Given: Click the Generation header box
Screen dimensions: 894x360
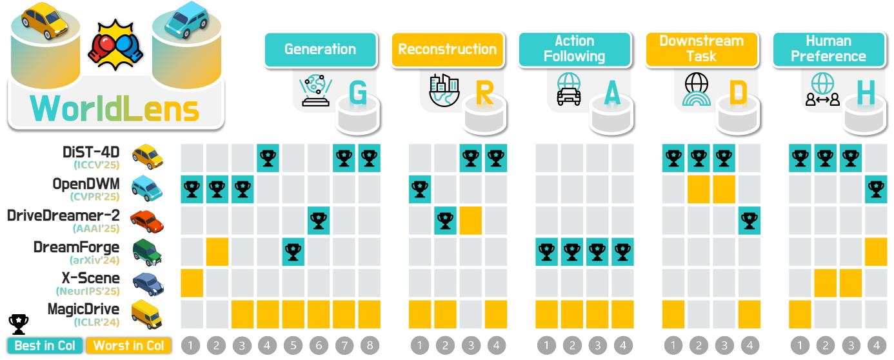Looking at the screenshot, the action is pyautogui.click(x=321, y=50).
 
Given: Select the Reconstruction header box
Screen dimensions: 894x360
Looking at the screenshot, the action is pyautogui.click(x=448, y=50).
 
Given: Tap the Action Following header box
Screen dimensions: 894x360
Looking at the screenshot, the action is pyautogui.click(x=575, y=50).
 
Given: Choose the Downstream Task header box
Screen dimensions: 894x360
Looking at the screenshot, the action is pyautogui.click(x=702, y=50).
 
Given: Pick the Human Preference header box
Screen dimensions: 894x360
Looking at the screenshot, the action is pyautogui.click(x=829, y=50).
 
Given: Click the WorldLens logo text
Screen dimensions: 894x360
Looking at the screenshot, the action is pyautogui.click(x=115, y=108).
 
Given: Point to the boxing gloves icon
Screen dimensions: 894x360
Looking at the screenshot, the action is pyautogui.click(x=115, y=45).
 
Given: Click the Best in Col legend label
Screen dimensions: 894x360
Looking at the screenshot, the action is pyautogui.click(x=45, y=346).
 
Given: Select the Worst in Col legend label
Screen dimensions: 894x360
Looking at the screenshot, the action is pyautogui.click(x=128, y=346).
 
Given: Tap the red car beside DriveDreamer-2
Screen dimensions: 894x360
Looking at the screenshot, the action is pyautogui.click(x=147, y=221).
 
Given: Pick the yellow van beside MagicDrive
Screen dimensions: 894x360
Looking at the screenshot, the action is pyautogui.click(x=147, y=314).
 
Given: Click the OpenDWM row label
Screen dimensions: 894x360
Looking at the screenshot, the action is pyautogui.click(x=86, y=184).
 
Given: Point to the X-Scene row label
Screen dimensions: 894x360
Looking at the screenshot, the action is pyautogui.click(x=90, y=278).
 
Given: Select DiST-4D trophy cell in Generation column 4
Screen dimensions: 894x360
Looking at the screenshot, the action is pyautogui.click(x=268, y=158).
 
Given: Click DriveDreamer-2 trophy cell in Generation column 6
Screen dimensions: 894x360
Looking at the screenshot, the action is pyautogui.click(x=319, y=220).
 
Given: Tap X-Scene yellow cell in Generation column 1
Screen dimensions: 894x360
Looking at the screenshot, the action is pyautogui.click(x=192, y=283).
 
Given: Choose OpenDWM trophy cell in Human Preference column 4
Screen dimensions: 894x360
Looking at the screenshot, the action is pyautogui.click(x=876, y=189).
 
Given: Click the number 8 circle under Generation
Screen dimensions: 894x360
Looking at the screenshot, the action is pyautogui.click(x=370, y=346).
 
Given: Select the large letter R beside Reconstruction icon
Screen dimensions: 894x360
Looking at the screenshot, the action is pyautogui.click(x=484, y=94).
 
